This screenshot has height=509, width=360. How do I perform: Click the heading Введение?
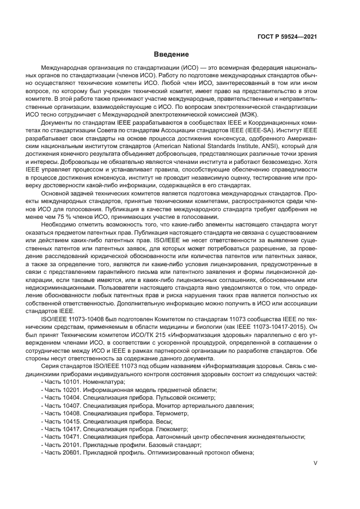pos(171,54)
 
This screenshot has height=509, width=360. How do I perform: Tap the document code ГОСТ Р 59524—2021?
pos(287,36)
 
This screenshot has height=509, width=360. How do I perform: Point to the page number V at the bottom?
pos(315,463)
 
